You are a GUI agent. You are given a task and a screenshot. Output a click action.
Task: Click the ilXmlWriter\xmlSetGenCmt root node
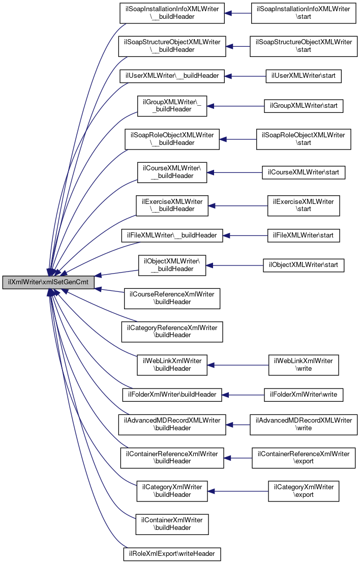point(48,283)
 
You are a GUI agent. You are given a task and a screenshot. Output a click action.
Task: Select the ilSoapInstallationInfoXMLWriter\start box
point(304,14)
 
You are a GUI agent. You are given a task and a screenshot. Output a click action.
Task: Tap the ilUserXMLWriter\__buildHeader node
point(172,76)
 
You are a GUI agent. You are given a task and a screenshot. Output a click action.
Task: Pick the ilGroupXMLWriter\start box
point(304,106)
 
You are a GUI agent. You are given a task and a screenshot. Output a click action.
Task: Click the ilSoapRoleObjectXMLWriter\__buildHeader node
point(172,139)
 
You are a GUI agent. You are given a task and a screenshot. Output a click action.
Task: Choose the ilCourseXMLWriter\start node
point(304,172)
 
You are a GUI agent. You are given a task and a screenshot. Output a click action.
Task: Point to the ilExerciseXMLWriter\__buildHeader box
point(172,205)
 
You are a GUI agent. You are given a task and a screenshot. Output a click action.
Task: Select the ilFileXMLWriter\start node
point(304,235)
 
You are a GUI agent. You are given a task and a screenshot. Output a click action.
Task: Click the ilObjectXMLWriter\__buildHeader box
point(172,265)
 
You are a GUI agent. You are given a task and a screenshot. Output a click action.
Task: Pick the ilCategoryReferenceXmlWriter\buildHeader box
point(172,332)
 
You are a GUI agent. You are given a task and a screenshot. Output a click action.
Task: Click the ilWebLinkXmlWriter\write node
point(304,365)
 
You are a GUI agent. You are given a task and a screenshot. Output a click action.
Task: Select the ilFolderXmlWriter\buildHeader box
point(172,394)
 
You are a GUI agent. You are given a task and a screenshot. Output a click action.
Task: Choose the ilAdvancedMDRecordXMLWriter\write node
point(304,424)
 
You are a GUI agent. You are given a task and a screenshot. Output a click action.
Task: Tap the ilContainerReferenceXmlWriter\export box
point(304,457)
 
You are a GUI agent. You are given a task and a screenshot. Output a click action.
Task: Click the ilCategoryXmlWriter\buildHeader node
point(172,490)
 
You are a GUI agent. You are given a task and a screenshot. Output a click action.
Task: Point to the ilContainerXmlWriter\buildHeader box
point(172,523)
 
